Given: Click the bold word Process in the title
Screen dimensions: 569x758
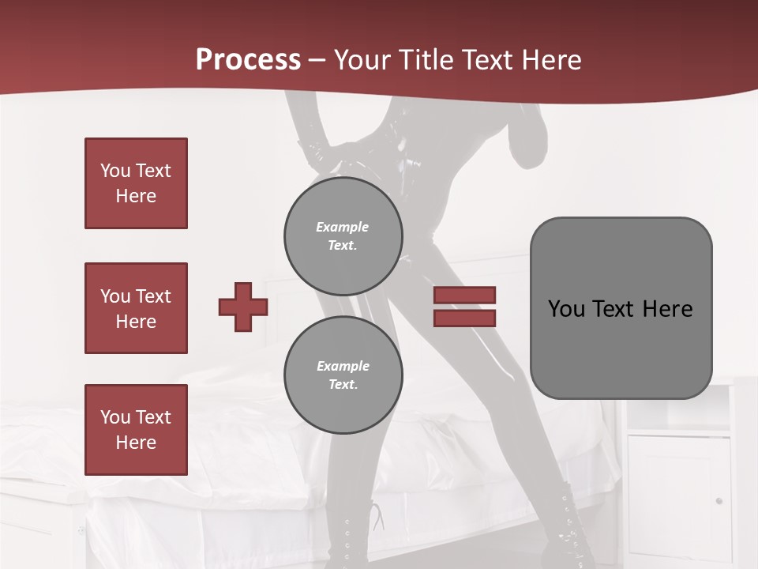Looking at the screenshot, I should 248,60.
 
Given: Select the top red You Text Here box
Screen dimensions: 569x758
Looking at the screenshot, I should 136,183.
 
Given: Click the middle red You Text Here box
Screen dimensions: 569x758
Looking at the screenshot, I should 136,308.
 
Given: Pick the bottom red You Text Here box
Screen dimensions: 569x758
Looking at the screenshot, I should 136,430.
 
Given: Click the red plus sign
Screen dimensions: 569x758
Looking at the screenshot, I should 242,307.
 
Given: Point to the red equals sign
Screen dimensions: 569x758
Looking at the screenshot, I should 464,307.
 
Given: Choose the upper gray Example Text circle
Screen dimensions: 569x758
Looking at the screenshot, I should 343,236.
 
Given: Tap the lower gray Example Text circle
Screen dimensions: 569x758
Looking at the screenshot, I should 343,375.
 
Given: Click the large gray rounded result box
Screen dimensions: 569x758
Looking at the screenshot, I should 621,308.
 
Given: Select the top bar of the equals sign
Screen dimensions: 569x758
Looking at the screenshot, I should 464,296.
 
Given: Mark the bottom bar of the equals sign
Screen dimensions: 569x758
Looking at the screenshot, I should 464,318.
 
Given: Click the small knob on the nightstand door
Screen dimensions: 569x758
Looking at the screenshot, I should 718,500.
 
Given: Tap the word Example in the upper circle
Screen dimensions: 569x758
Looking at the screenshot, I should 343,227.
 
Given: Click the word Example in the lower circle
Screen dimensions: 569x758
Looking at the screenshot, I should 343,366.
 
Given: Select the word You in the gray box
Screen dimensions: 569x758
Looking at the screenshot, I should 566,308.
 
